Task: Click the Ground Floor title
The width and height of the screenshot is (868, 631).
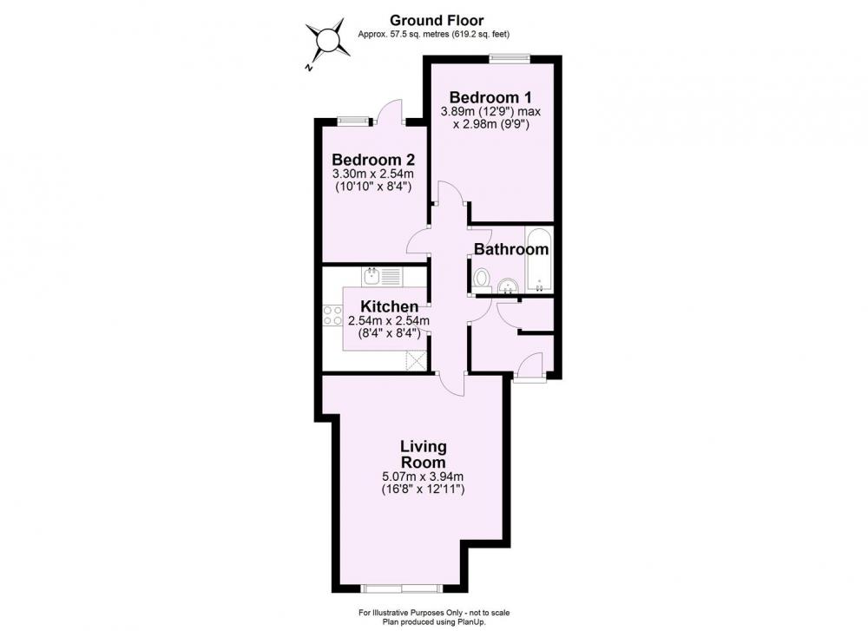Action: (x=437, y=21)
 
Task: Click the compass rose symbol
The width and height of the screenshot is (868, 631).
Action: (x=328, y=41)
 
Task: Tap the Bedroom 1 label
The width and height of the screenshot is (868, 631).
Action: (x=490, y=97)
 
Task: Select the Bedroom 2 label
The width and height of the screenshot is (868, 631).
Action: (x=373, y=160)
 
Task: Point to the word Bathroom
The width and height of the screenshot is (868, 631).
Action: (x=511, y=249)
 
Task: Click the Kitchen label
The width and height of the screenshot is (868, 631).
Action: (x=389, y=306)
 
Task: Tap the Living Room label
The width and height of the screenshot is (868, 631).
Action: (x=424, y=454)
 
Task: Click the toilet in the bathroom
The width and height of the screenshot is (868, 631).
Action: (x=482, y=279)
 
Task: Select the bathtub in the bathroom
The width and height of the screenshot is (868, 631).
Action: (x=538, y=260)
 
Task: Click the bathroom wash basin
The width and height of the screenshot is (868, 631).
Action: (x=508, y=286)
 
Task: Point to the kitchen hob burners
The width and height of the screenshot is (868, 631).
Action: (x=332, y=315)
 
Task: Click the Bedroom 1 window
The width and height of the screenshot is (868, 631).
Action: (x=510, y=56)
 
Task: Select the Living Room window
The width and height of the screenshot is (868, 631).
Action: (x=401, y=588)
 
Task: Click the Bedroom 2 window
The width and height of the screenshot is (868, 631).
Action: (x=354, y=120)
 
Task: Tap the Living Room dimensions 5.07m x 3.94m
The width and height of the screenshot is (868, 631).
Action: (x=423, y=477)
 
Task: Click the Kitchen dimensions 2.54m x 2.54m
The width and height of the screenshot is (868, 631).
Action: (x=389, y=320)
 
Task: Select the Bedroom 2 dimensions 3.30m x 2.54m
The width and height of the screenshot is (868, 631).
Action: (x=373, y=174)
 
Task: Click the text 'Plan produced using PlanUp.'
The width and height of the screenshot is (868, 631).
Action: (x=435, y=622)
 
